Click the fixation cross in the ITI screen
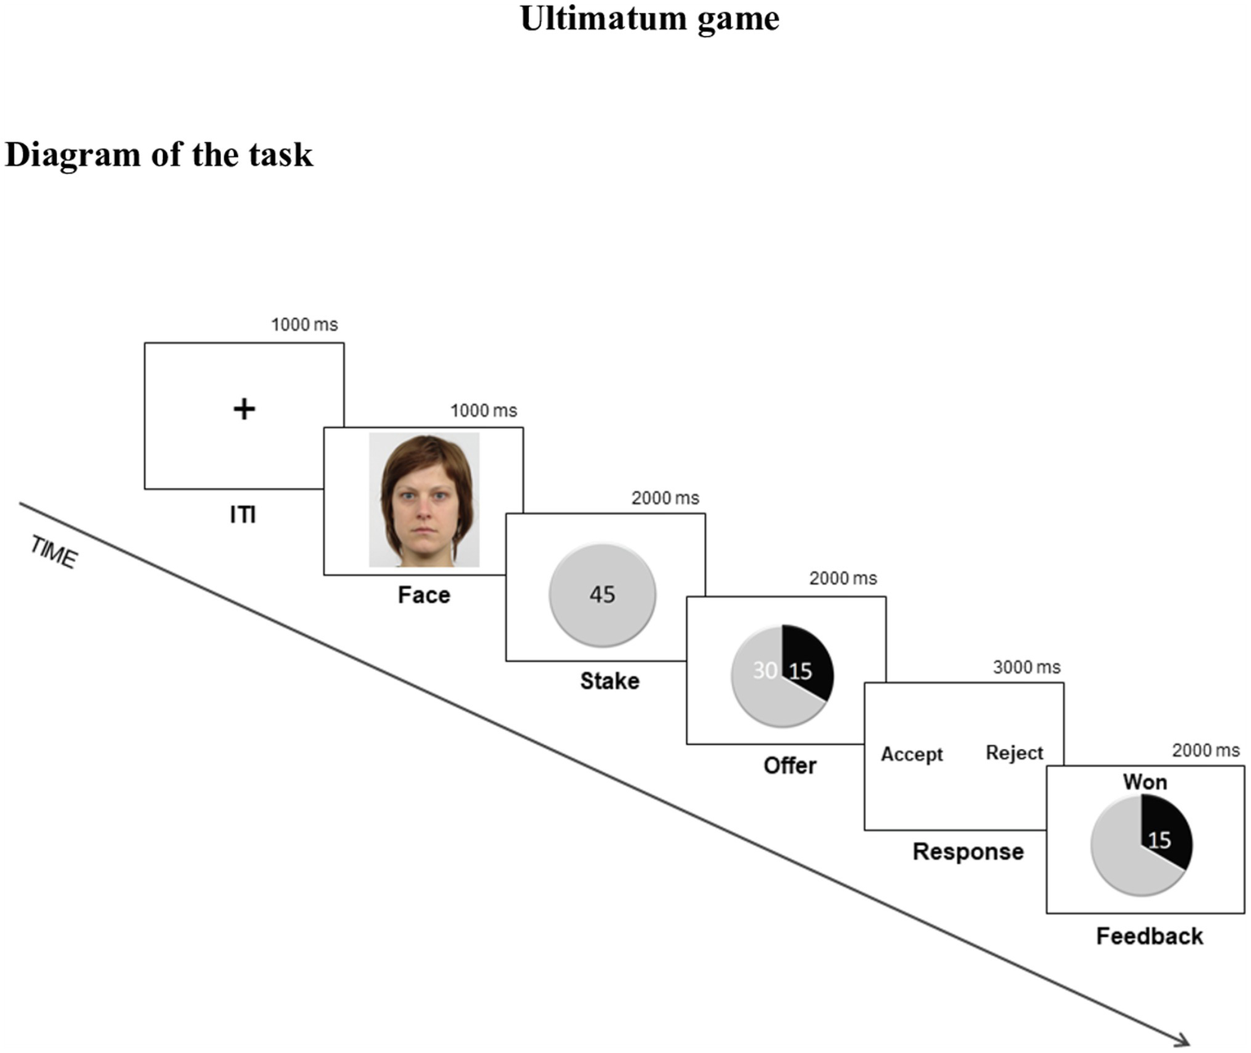(x=244, y=408)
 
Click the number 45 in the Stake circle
(x=602, y=594)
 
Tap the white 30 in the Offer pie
(x=764, y=670)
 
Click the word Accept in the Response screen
(x=911, y=754)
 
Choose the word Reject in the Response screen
(x=1014, y=752)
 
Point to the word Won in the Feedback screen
(x=1144, y=782)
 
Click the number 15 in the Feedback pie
(x=1159, y=839)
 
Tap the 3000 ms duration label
(x=1026, y=667)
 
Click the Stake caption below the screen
(x=609, y=681)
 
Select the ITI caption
(x=243, y=514)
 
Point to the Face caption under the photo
(x=424, y=595)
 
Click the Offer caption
(x=790, y=765)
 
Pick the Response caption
(x=967, y=851)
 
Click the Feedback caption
(x=1148, y=936)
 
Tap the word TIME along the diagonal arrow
(x=54, y=552)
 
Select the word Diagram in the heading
(x=73, y=154)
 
